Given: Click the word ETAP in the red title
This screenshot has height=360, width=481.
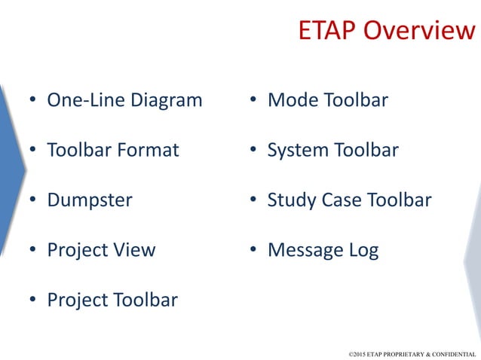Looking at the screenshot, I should [x=328, y=30].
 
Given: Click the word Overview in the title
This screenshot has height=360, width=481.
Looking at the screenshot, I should [x=420, y=30].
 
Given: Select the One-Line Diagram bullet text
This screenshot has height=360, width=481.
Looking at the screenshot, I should [x=124, y=99].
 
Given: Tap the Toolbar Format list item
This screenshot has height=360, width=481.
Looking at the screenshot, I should [x=113, y=150].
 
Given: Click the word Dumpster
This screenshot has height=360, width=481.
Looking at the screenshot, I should [x=89, y=200].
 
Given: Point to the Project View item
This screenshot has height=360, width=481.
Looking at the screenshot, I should [x=101, y=250].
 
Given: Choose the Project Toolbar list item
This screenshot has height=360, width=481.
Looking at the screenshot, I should [x=112, y=300].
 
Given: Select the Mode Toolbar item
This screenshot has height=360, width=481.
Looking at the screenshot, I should [x=327, y=99].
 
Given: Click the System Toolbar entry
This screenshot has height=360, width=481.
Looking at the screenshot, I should [x=332, y=150].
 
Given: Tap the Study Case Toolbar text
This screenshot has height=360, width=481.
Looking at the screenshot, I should [x=349, y=200].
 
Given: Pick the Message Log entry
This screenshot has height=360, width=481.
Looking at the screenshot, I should [x=323, y=250].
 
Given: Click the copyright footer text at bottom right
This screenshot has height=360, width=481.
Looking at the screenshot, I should [x=412, y=352].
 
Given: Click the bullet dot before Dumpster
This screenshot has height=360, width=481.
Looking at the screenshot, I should [x=32, y=201].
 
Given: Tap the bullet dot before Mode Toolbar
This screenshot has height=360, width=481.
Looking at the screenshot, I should [x=253, y=101].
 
